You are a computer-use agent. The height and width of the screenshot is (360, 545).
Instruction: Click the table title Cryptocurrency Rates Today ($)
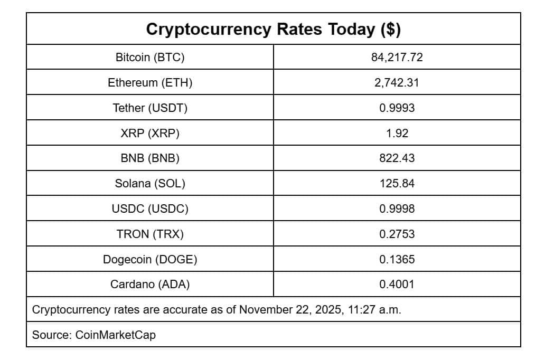click(x=273, y=29)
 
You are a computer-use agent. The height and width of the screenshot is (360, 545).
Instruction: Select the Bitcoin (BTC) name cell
click(x=150, y=58)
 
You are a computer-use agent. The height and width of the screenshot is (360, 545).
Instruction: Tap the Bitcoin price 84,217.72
click(x=397, y=58)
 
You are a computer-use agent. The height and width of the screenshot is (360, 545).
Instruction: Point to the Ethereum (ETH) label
click(x=150, y=83)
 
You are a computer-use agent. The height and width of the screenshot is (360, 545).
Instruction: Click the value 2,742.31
click(x=397, y=83)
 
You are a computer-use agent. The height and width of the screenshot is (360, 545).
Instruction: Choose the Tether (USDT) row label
click(x=150, y=108)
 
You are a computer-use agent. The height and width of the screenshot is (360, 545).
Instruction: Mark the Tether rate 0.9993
click(x=397, y=108)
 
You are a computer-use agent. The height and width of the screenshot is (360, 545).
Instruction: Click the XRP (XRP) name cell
click(x=150, y=134)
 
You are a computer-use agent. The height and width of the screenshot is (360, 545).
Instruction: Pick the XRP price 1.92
click(x=397, y=134)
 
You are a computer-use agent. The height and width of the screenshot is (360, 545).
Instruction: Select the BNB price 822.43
click(x=397, y=158)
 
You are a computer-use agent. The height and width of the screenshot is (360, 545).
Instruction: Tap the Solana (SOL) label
click(x=150, y=184)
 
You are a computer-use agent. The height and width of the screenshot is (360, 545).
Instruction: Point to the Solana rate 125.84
click(x=397, y=184)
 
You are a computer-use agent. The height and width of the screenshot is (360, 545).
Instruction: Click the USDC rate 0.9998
click(x=397, y=209)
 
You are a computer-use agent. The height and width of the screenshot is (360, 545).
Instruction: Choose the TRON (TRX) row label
click(x=150, y=234)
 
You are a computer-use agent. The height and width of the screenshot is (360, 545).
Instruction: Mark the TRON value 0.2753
click(x=397, y=234)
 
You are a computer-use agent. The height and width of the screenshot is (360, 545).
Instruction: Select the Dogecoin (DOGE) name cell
click(x=150, y=259)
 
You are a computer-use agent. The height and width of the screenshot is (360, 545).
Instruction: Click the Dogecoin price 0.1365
click(x=397, y=259)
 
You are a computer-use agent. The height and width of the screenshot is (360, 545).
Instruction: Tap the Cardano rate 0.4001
click(x=397, y=285)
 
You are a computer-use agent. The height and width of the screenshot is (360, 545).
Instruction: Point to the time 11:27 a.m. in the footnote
click(x=374, y=310)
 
